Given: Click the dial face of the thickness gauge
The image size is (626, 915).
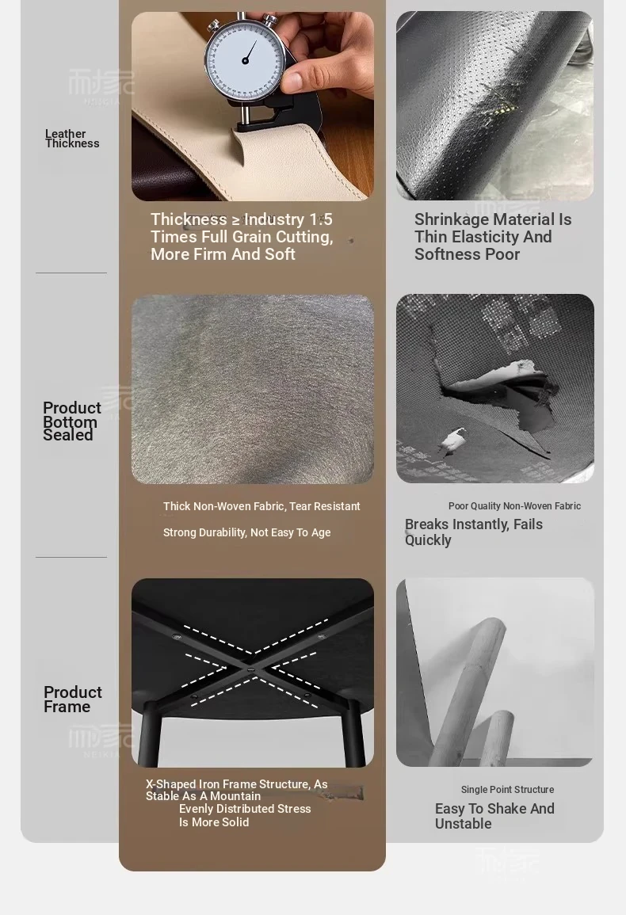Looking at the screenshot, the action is tap(246, 60).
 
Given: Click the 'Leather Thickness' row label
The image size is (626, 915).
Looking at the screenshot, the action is tap(72, 139).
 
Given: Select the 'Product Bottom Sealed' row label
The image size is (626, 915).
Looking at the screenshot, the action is tap(71, 421).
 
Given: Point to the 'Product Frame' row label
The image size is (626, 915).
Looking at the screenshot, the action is tap(72, 699).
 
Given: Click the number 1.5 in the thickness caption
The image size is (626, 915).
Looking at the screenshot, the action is tap(321, 219).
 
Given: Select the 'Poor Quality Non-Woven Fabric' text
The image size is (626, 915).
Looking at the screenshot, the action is tap(514, 506).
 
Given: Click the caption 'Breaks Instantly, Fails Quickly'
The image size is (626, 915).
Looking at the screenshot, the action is tap(474, 532).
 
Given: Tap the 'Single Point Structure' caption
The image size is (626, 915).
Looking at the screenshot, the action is tap(507, 790).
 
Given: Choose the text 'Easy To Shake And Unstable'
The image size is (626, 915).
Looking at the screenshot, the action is tap(494, 816).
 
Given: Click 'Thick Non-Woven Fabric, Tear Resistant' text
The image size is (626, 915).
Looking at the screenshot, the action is tap(261, 506).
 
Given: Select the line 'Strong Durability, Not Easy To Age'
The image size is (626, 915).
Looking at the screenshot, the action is tap(247, 533).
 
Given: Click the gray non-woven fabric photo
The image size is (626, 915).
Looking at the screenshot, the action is tap(252, 389).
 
